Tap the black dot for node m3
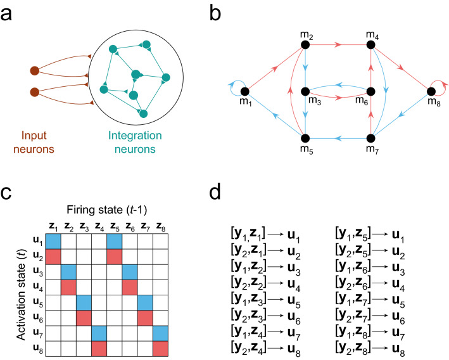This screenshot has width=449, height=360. tap(305, 92)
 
